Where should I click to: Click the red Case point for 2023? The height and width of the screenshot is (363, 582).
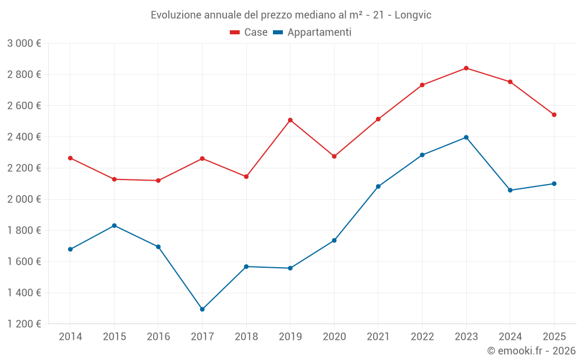[466, 68]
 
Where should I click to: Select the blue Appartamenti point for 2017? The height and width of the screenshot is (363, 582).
[202, 309]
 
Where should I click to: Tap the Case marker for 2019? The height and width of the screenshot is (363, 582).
[290, 120]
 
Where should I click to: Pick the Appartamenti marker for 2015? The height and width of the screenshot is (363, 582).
[114, 225]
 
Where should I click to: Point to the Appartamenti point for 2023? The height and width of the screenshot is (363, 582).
[466, 138]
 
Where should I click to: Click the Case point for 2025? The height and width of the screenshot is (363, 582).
[554, 114]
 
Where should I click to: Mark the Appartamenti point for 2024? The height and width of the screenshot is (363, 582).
[510, 190]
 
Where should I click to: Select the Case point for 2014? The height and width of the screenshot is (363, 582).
[70, 158]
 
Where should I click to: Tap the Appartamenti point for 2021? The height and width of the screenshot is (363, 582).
[378, 186]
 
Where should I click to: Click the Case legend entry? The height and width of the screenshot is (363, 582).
[249, 33]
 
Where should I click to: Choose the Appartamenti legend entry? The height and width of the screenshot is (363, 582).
[313, 33]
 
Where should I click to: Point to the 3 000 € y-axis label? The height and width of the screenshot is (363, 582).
[24, 44]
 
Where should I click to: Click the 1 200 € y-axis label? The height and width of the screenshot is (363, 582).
[24, 324]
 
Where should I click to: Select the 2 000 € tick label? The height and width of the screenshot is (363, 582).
[24, 199]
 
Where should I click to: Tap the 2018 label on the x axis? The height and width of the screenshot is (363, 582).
[246, 336]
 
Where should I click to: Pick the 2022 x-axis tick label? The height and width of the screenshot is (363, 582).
[422, 336]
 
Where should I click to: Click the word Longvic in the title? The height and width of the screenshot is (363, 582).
[413, 15]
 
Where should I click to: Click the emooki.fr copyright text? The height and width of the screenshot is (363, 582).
[531, 351]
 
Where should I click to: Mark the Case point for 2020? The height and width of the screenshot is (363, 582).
[334, 156]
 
